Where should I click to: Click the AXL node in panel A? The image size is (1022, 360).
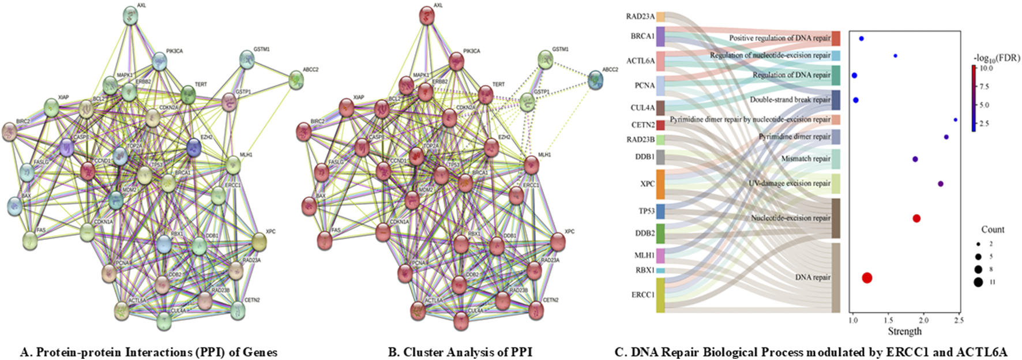[x=132, y=16]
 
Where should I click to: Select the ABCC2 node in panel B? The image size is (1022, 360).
[x=596, y=80]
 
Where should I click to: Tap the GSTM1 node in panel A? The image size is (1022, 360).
[x=247, y=59]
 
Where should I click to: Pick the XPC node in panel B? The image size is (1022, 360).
[x=558, y=242]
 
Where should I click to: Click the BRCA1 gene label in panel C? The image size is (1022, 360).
[x=642, y=36]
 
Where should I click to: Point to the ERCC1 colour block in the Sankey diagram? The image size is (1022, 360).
[x=660, y=295]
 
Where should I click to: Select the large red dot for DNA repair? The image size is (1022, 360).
[x=866, y=278]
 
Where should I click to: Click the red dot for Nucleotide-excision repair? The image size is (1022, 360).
[x=916, y=219]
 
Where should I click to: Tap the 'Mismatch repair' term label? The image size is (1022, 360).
[x=806, y=159]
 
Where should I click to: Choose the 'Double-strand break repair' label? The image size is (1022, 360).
[x=790, y=100]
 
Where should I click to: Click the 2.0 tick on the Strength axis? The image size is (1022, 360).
[x=923, y=321]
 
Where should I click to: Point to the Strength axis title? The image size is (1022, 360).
[x=904, y=332]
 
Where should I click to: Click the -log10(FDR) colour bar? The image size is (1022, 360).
[x=974, y=98]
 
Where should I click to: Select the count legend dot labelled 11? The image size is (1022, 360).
[x=978, y=282]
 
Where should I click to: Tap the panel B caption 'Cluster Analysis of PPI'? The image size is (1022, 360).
[x=460, y=352]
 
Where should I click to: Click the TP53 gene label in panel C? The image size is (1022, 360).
[x=646, y=211]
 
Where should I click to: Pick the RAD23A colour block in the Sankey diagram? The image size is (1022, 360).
[x=660, y=17]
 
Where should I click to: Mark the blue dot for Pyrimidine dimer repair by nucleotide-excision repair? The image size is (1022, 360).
[x=956, y=120]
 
